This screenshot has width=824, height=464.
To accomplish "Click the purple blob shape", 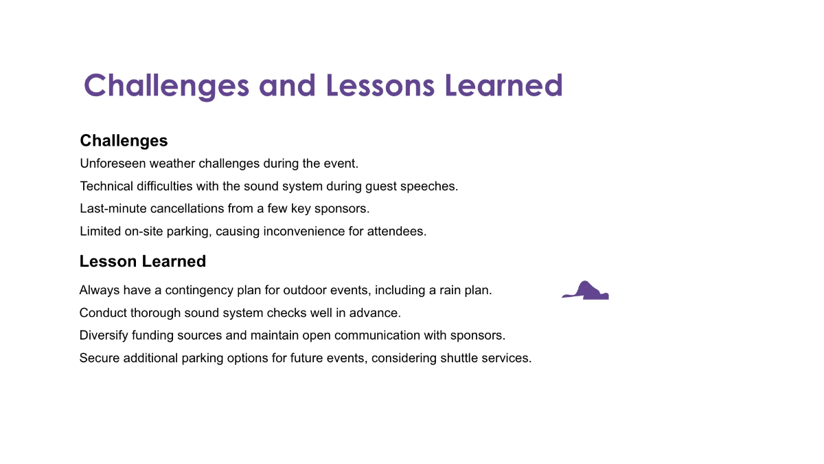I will point(586,292).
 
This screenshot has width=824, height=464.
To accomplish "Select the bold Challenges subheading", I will point(124,140).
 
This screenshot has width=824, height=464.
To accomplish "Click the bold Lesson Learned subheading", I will point(142,261).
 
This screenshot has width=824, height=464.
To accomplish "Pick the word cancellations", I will point(181,208).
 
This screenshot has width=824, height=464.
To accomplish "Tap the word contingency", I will point(201,290).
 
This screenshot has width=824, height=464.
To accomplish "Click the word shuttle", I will point(461,358).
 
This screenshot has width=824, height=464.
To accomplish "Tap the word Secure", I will point(99,358).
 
